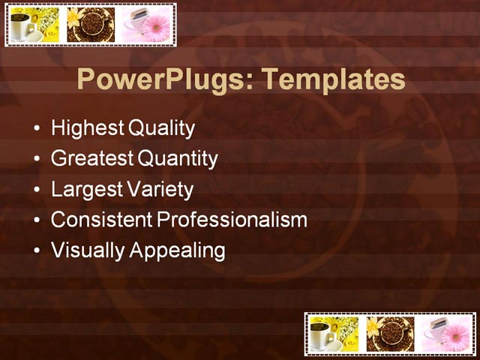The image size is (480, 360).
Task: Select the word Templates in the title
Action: point(328,80)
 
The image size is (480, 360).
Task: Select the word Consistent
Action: point(102,220)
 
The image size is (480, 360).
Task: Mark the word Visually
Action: point(88,250)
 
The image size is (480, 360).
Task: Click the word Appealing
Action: point(178,250)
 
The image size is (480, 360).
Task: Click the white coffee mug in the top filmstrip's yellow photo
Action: point(22,27)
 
